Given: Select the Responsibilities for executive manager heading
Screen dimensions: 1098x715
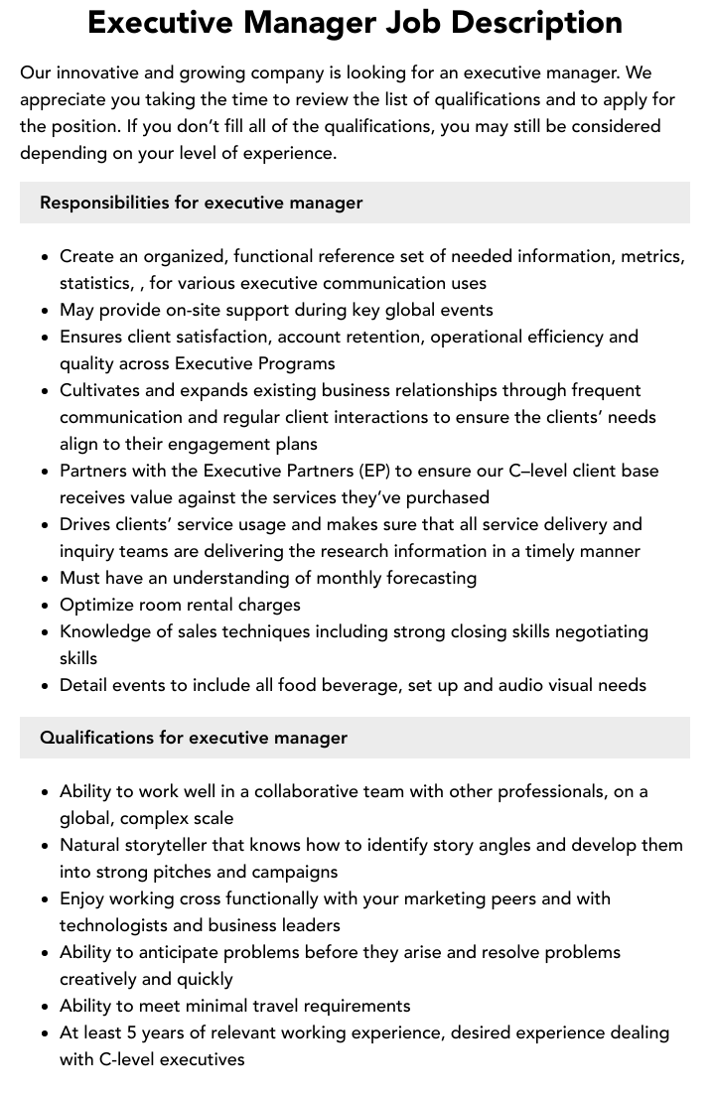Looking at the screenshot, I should (201, 203).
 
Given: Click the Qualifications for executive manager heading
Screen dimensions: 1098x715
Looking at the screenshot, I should (194, 738).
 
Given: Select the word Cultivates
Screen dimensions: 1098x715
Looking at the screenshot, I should (102, 390).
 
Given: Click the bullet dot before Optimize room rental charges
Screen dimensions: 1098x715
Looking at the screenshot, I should (45, 606).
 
